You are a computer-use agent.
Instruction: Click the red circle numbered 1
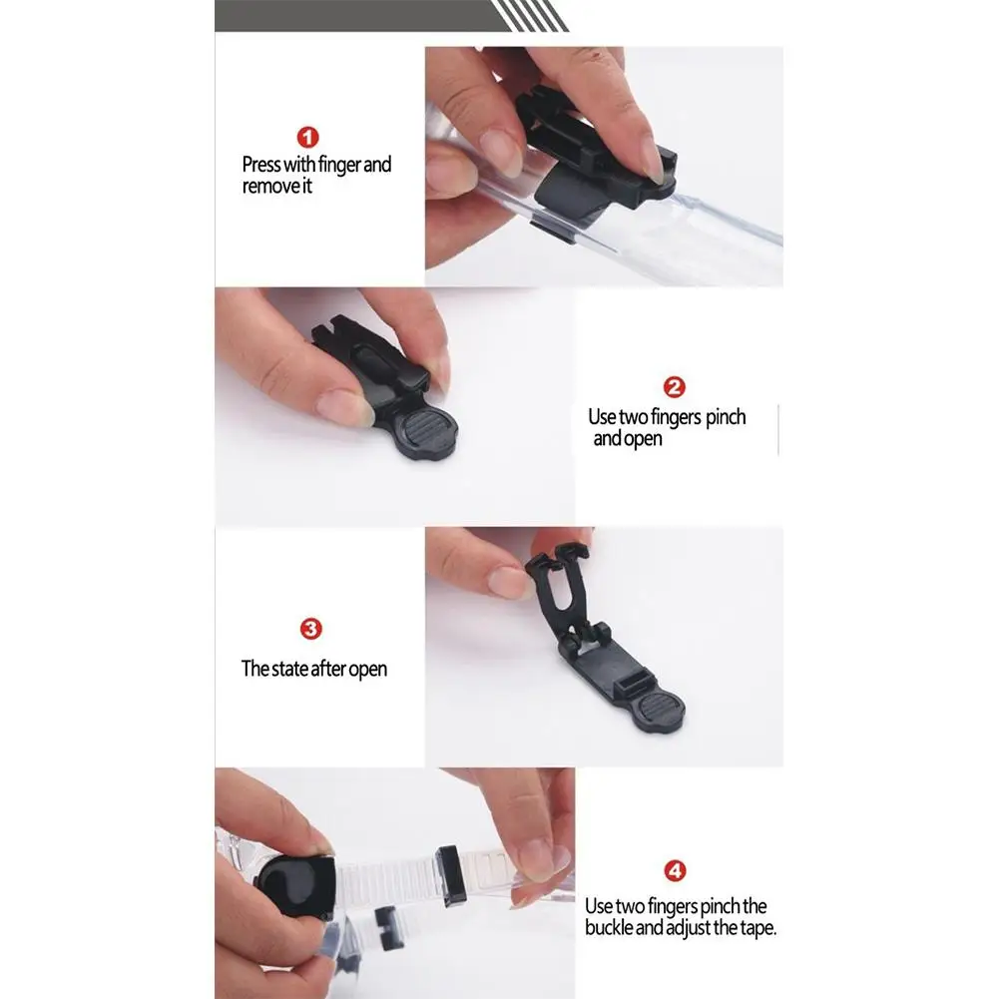point(307,137)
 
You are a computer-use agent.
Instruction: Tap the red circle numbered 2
point(674,387)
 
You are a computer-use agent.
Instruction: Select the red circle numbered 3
point(311,629)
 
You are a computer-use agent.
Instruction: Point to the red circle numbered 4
point(676,871)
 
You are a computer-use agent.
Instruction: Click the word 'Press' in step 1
point(261,165)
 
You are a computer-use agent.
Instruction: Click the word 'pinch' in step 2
point(726,417)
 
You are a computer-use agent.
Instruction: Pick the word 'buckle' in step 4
point(609,927)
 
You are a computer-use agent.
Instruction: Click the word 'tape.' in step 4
point(757,928)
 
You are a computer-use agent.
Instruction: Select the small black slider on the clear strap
point(451,876)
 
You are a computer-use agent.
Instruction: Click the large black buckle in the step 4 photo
point(295,885)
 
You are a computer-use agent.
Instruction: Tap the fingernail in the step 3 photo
point(509,582)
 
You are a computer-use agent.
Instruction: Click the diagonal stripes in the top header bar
point(530,15)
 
